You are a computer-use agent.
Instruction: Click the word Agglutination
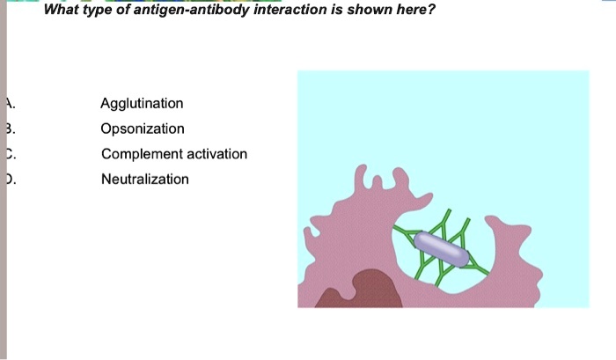tap(142, 104)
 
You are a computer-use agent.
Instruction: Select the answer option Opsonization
tap(143, 129)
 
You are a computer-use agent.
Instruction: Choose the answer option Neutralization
tap(144, 180)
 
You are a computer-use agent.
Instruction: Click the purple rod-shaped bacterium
tap(441, 248)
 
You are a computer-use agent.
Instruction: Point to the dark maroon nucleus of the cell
tap(356, 290)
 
